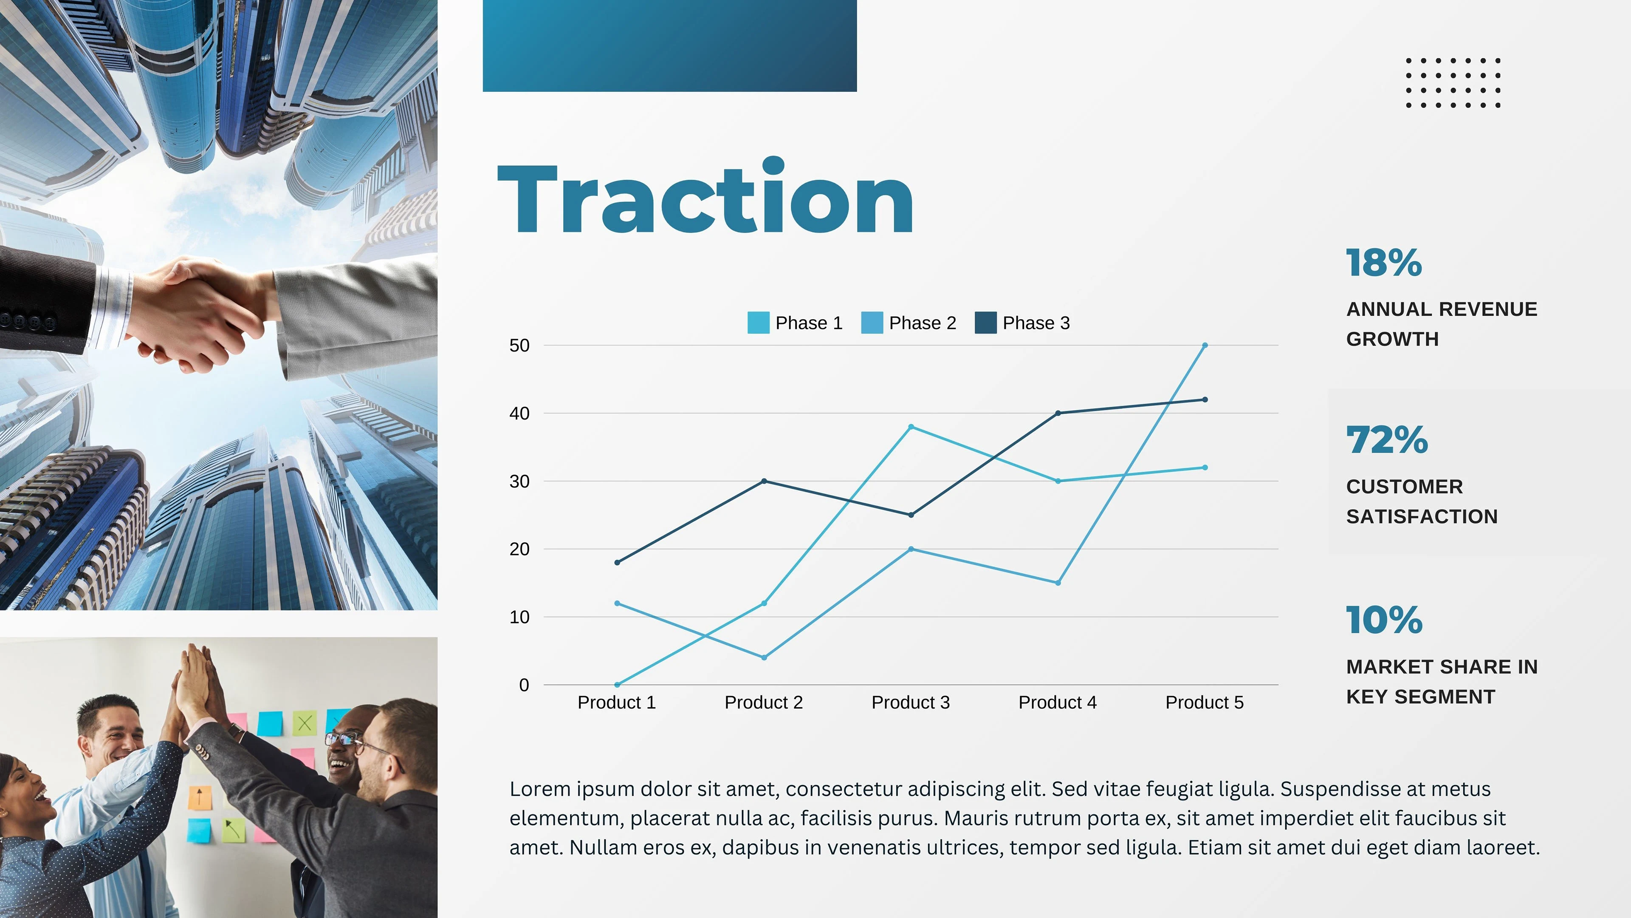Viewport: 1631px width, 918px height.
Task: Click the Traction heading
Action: (x=705, y=196)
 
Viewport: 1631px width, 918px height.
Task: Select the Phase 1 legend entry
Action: (x=795, y=323)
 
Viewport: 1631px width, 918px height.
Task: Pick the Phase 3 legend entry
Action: (x=1022, y=323)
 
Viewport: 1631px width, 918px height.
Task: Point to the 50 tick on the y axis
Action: (x=519, y=345)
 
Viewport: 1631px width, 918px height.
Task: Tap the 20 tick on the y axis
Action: (x=519, y=549)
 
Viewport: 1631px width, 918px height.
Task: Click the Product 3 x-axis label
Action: (x=911, y=702)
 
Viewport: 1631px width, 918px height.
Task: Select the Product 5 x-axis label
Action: (x=1204, y=702)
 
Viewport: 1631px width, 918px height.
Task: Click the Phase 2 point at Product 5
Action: (x=1204, y=345)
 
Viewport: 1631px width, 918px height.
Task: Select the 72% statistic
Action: (x=1387, y=440)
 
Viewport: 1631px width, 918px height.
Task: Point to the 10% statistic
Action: (x=1385, y=620)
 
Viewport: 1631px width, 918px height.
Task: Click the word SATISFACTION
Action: (x=1422, y=516)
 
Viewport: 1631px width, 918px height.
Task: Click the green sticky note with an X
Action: (x=305, y=723)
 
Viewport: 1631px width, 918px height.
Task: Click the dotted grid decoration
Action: (x=1453, y=83)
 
